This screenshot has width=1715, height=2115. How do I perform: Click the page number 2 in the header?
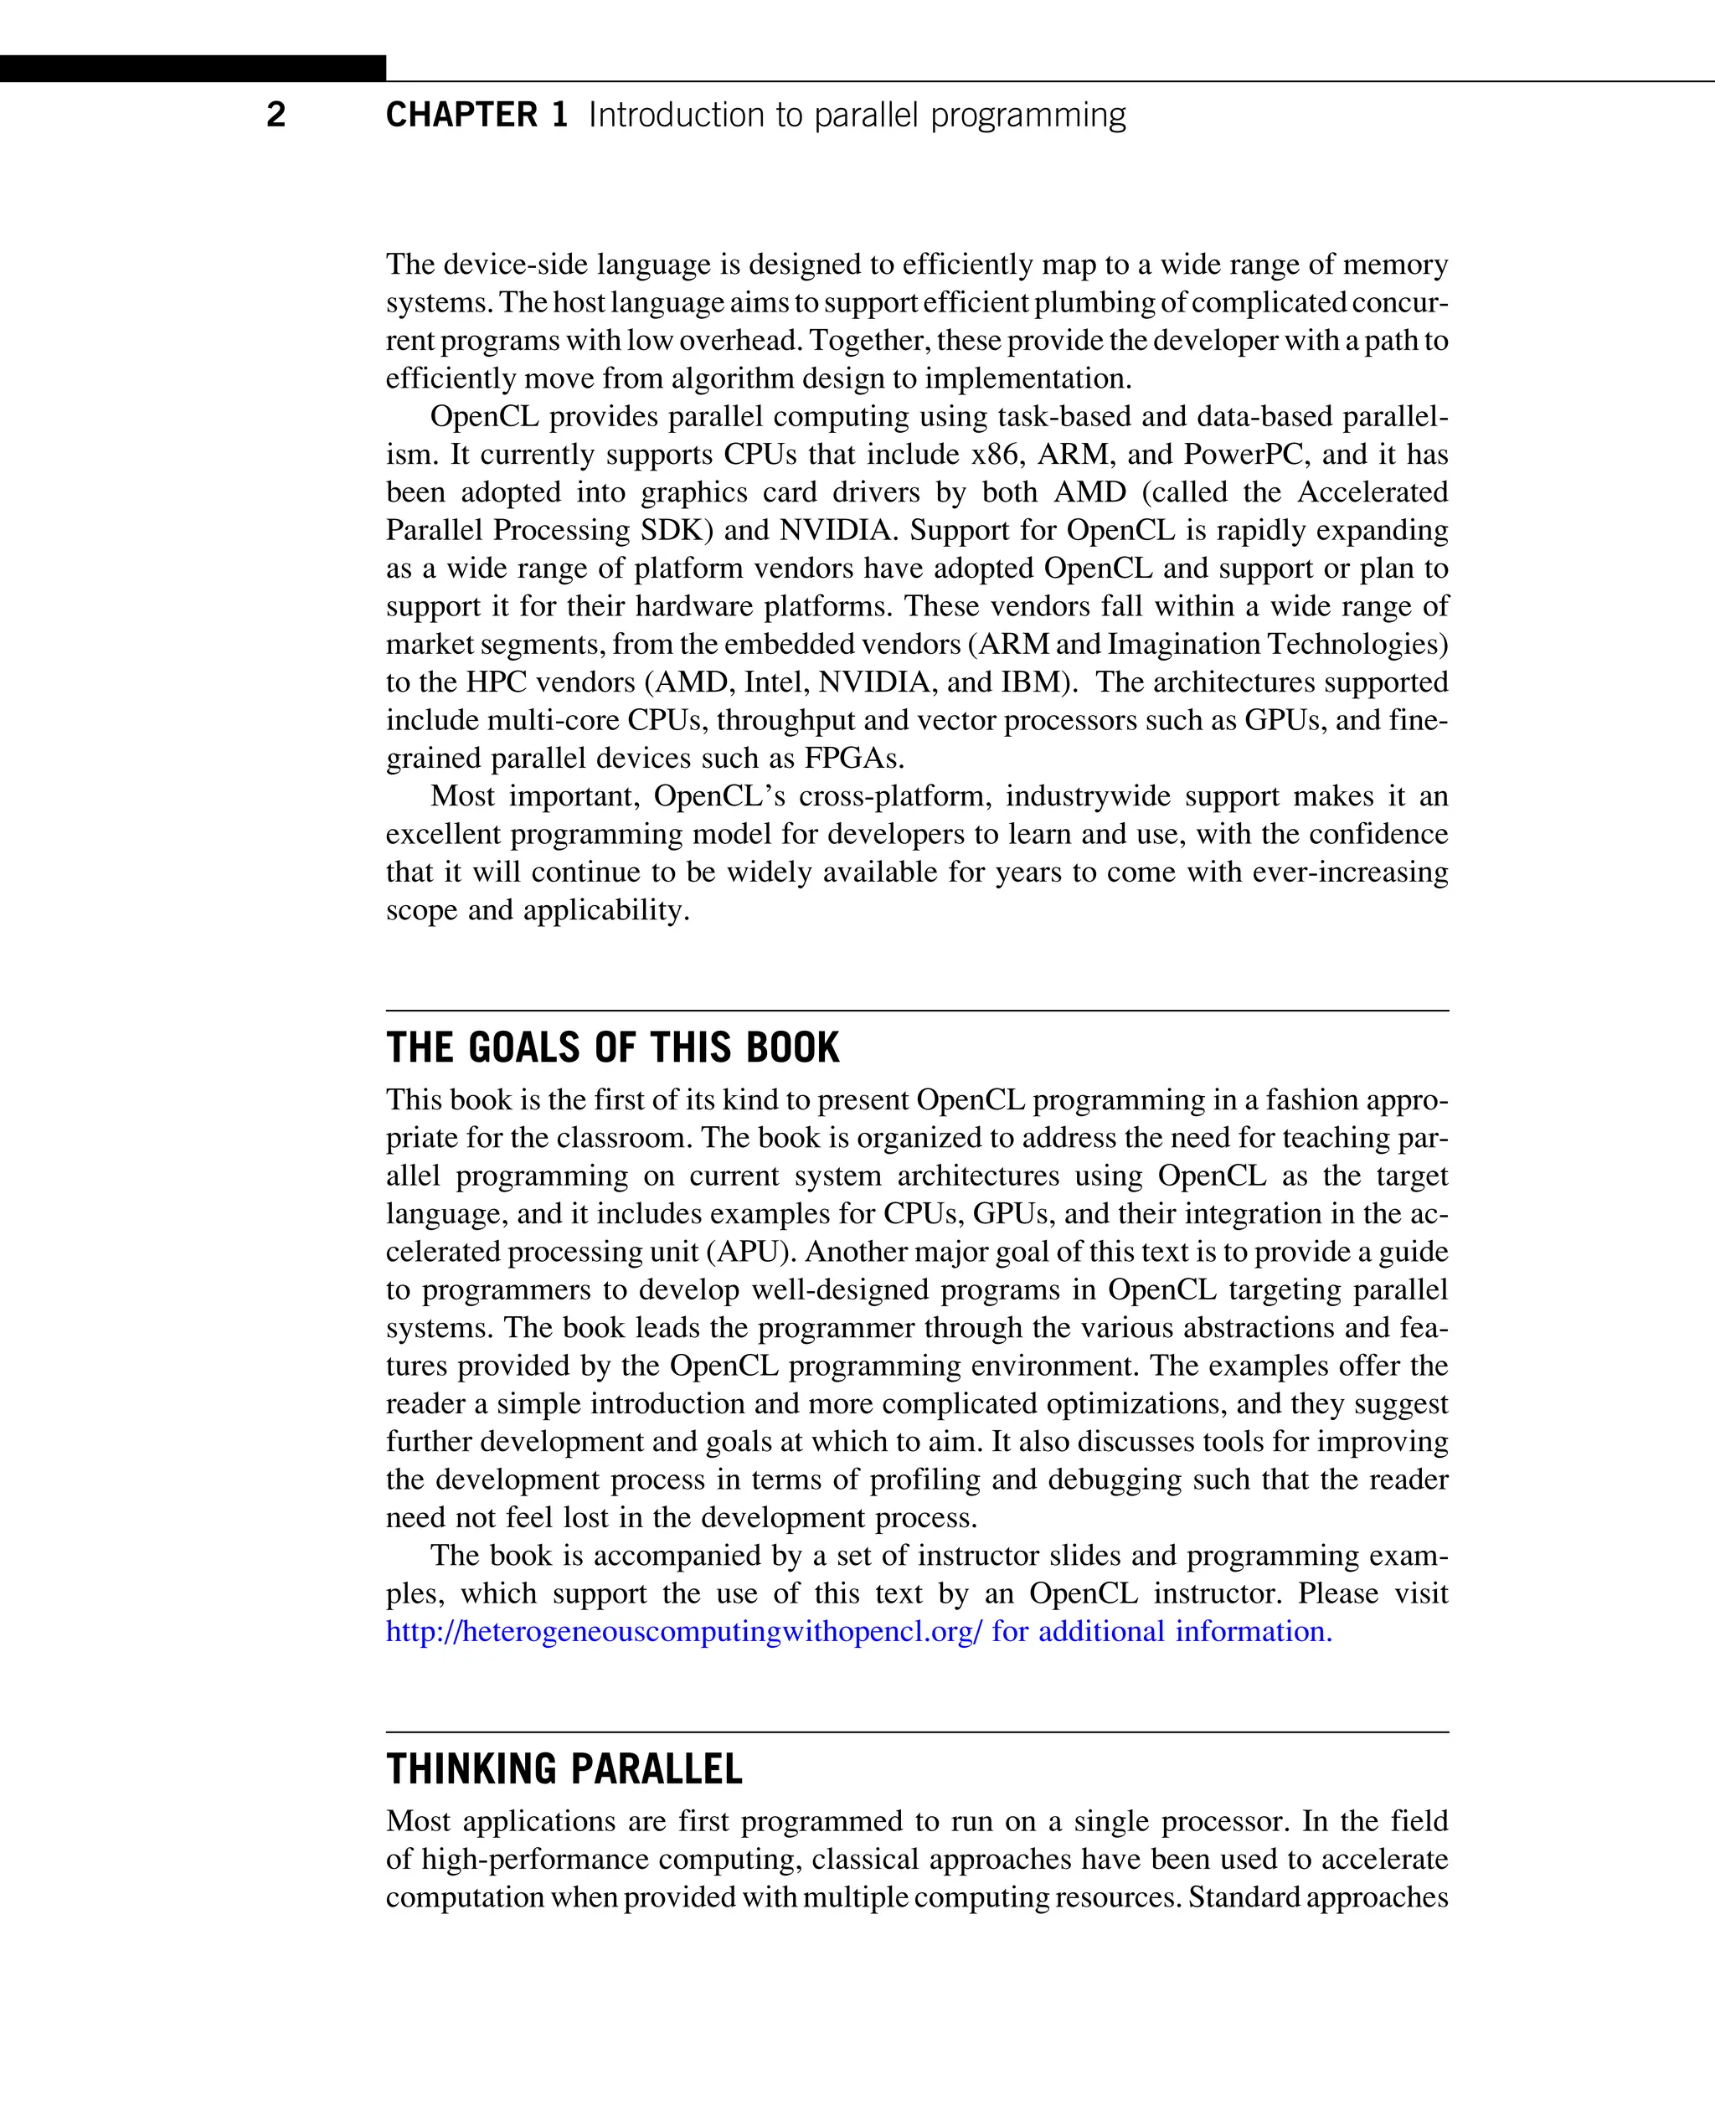click(x=276, y=115)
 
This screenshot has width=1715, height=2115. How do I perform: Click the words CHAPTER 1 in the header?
click(x=476, y=115)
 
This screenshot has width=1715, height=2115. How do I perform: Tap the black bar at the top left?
click(x=193, y=68)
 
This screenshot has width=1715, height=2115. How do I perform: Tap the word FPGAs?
click(x=853, y=759)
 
